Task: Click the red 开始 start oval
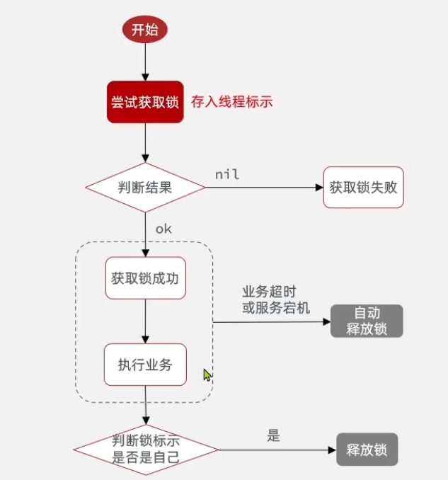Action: point(145,30)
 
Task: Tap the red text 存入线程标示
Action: point(231,102)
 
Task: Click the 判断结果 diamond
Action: point(145,188)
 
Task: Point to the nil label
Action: point(226,174)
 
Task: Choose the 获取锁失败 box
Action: point(363,188)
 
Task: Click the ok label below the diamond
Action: point(163,229)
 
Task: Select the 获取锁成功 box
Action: point(145,278)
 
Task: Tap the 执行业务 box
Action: point(145,365)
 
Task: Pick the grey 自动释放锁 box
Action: point(366,321)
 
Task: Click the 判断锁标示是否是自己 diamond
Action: point(146,449)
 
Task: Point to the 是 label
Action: point(273,435)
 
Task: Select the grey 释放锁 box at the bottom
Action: point(367,450)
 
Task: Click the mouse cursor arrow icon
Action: point(207,375)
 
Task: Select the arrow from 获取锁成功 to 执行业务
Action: point(145,321)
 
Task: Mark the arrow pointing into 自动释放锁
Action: point(272,321)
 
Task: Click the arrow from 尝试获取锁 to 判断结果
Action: point(145,143)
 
